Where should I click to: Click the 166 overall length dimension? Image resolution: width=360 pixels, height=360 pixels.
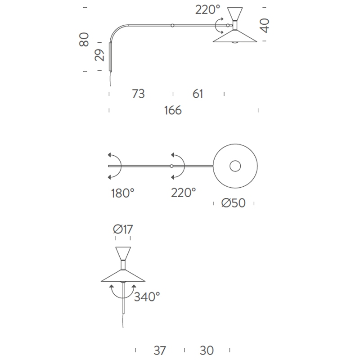tap(173, 110)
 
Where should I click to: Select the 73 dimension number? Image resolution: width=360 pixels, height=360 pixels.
tap(138, 94)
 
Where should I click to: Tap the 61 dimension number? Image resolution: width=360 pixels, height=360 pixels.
tap(198, 94)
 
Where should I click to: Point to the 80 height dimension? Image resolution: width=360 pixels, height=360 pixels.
tap(84, 40)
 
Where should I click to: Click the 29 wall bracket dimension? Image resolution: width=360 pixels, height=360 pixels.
tap(99, 55)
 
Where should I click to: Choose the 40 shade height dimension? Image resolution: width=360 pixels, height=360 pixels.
tap(264, 26)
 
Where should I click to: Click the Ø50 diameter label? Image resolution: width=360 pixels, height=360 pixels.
tap(234, 203)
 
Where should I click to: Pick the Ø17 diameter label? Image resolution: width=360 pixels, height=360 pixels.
tap(123, 229)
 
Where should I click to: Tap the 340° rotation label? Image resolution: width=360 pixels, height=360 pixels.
tap(147, 297)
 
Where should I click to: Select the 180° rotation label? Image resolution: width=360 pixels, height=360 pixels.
tap(122, 193)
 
